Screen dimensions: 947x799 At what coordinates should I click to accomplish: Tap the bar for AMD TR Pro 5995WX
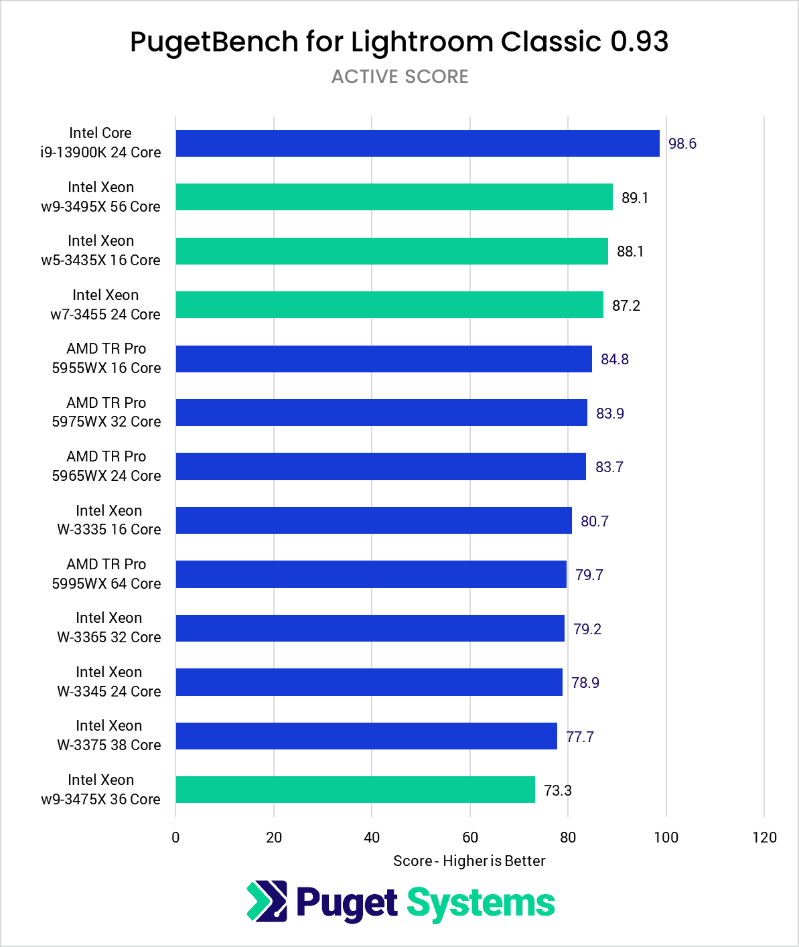pyautogui.click(x=371, y=575)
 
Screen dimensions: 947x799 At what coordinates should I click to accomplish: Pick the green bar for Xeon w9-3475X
pyautogui.click(x=355, y=790)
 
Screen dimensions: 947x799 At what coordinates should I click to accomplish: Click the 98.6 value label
pyautogui.click(x=682, y=144)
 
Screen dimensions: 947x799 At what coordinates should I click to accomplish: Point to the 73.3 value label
pyautogui.click(x=557, y=791)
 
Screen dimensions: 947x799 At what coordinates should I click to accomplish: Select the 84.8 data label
pyautogui.click(x=614, y=360)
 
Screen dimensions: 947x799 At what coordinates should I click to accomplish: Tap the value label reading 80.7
pyautogui.click(x=594, y=522)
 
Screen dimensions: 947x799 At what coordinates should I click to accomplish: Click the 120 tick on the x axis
pyautogui.click(x=764, y=837)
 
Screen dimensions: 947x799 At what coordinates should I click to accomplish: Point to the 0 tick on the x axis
pyautogui.click(x=175, y=837)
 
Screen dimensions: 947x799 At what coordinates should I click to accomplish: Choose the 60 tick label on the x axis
pyautogui.click(x=469, y=837)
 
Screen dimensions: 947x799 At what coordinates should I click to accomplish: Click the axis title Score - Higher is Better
pyautogui.click(x=469, y=861)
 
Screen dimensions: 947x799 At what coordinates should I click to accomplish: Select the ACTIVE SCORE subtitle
pyautogui.click(x=400, y=77)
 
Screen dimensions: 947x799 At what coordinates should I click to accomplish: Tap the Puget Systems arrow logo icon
pyautogui.click(x=267, y=901)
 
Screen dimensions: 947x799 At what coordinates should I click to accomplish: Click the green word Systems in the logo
pyautogui.click(x=481, y=903)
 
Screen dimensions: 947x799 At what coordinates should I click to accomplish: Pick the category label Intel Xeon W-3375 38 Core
pyautogui.click(x=108, y=735)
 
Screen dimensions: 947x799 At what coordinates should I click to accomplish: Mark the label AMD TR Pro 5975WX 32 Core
pyautogui.click(x=106, y=412)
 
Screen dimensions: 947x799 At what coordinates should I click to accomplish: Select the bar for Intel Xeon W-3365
pyautogui.click(x=370, y=628)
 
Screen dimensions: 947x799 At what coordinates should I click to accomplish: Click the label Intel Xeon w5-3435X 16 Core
pyautogui.click(x=100, y=250)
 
